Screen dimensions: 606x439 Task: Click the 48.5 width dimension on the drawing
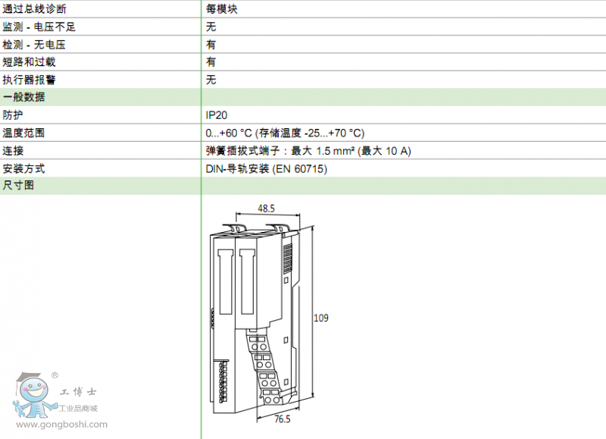click(267, 209)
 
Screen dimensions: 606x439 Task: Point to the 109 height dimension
click(320, 318)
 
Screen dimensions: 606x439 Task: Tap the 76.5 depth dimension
click(283, 419)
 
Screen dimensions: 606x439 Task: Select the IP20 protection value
click(217, 115)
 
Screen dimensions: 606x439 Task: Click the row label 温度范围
click(23, 133)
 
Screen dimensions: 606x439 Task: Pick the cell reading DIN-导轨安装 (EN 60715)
click(267, 168)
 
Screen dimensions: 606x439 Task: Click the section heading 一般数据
click(23, 97)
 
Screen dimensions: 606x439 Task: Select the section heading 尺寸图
click(18, 185)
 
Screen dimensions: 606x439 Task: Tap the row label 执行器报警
click(29, 80)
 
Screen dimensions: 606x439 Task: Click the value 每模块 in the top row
click(221, 9)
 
